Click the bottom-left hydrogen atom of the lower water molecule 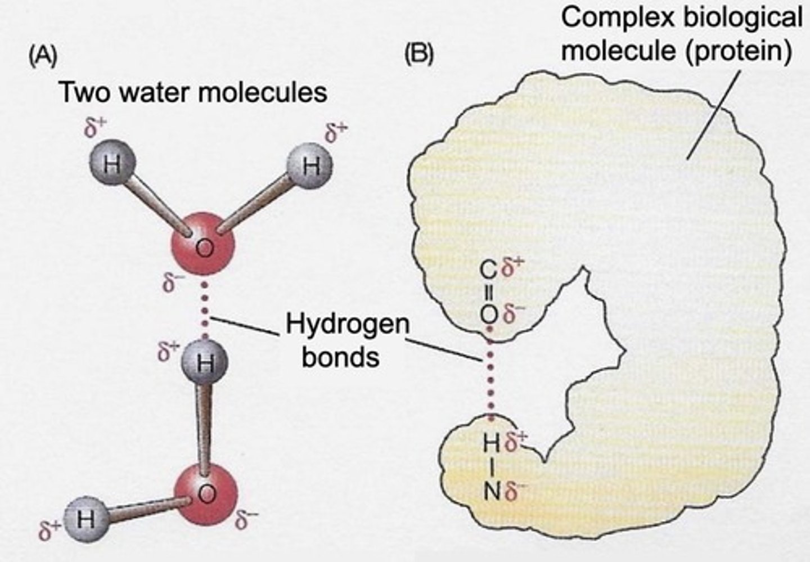(85, 518)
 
